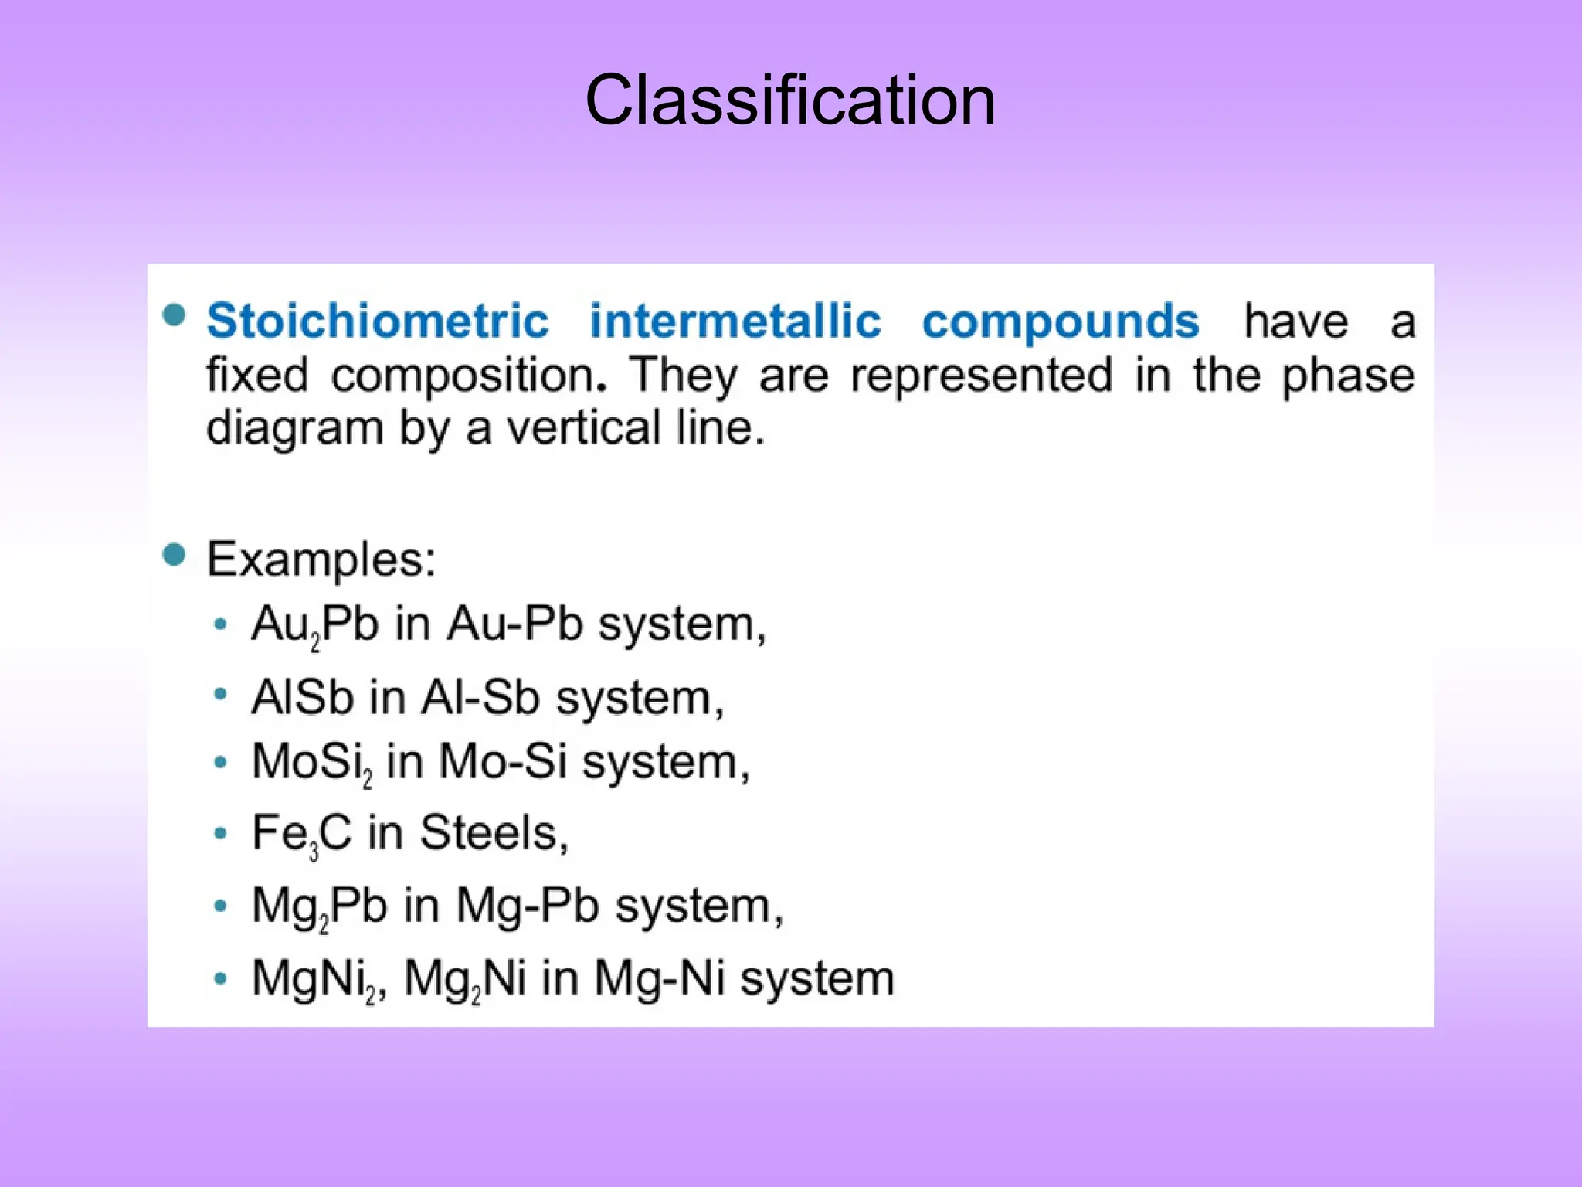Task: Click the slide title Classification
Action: point(790,100)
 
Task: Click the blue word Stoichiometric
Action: point(378,321)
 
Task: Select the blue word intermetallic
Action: point(735,321)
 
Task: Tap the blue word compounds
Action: point(1061,322)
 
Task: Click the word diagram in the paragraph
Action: point(294,429)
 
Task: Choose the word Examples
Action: point(321,559)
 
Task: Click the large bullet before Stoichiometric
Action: point(175,315)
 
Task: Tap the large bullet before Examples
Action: point(175,555)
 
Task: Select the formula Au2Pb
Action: point(315,624)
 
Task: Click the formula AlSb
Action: point(302,697)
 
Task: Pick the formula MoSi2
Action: point(312,763)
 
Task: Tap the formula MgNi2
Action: point(317,978)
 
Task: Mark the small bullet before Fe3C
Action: point(221,834)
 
